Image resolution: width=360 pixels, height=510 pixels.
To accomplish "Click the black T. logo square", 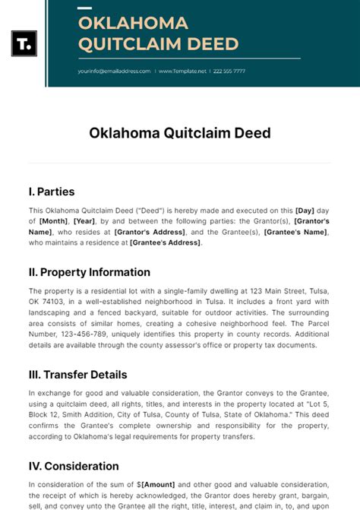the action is (24, 43).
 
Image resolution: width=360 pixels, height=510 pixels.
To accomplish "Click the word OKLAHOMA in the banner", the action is (133, 22).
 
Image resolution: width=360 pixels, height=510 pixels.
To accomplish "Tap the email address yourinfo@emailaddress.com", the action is (115, 71).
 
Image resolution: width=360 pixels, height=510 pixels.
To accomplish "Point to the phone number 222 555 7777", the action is (229, 71).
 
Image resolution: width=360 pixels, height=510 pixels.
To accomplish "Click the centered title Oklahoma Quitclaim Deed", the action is (180, 133).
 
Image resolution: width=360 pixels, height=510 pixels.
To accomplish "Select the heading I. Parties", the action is (52, 192).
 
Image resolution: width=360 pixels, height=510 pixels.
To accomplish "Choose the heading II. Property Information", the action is (90, 272).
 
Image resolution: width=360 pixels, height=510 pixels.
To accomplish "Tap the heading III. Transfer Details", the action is (78, 375).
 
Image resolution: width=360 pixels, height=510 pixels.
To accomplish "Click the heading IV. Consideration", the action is (74, 466).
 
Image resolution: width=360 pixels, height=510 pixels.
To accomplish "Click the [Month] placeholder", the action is (54, 221).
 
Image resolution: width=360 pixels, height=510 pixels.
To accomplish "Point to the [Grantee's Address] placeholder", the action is (165, 242).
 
